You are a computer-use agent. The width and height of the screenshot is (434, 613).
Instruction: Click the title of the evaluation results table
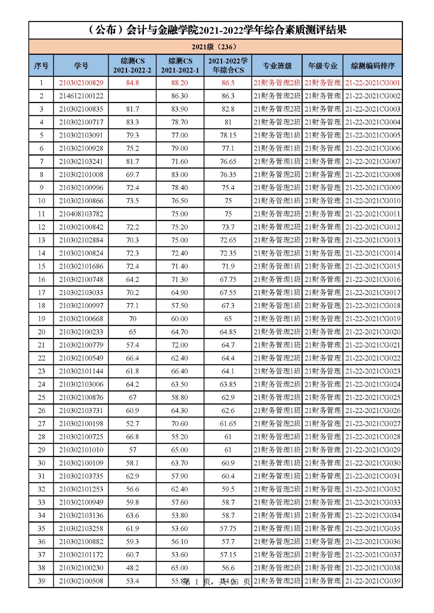click(x=217, y=30)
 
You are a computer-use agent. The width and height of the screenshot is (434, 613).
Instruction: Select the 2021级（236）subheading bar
click(x=215, y=47)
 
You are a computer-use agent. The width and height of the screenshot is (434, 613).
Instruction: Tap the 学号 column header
click(x=81, y=66)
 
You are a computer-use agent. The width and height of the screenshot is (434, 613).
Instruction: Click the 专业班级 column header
click(x=277, y=66)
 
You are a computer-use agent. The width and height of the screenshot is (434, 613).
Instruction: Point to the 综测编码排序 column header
click(x=373, y=66)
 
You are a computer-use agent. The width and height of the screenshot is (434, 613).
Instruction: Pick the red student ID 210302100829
click(x=81, y=83)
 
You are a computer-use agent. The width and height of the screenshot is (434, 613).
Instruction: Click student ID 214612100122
click(x=81, y=96)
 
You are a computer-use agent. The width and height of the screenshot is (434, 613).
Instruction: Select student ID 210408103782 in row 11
click(x=81, y=214)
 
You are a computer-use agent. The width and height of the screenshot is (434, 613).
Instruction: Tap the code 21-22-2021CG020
click(x=373, y=332)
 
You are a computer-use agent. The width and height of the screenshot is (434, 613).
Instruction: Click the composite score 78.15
click(x=228, y=135)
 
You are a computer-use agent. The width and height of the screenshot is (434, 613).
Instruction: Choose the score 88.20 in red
click(x=180, y=83)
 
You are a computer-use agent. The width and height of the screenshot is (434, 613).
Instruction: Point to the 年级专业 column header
click(x=322, y=66)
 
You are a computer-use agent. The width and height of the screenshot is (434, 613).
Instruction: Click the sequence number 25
click(x=41, y=397)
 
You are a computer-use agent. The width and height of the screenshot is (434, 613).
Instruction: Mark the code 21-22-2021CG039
click(x=373, y=581)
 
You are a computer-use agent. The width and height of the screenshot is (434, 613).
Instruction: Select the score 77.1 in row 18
click(x=132, y=305)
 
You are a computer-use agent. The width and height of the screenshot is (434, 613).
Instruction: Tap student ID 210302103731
click(x=81, y=410)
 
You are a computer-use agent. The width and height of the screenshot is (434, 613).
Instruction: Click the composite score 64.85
click(x=228, y=332)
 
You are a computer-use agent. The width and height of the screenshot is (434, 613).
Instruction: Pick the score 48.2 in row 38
click(x=132, y=568)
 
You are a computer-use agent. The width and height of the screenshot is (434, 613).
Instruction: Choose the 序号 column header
click(x=41, y=66)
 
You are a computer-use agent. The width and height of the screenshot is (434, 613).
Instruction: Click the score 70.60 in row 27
click(x=180, y=423)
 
